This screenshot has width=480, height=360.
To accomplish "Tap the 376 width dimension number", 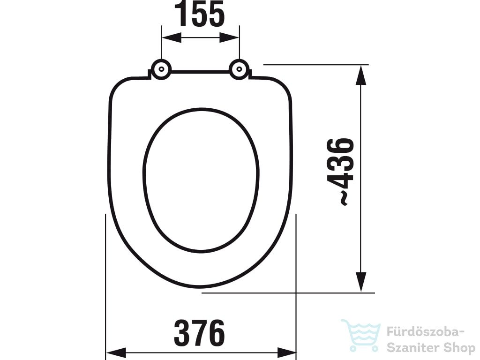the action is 199,333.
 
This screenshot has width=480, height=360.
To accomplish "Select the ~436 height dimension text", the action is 341,172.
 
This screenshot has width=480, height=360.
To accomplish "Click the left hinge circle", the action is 161,69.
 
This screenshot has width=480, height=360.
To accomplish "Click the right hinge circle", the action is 239,69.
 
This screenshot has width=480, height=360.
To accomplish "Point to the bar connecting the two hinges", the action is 200,72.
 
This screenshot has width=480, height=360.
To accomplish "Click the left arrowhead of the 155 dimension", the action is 172,37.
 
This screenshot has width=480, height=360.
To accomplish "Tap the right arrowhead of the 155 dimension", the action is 229,37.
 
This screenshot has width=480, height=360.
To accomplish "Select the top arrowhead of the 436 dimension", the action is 361,75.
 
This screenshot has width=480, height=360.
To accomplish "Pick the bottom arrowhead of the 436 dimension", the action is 361,282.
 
